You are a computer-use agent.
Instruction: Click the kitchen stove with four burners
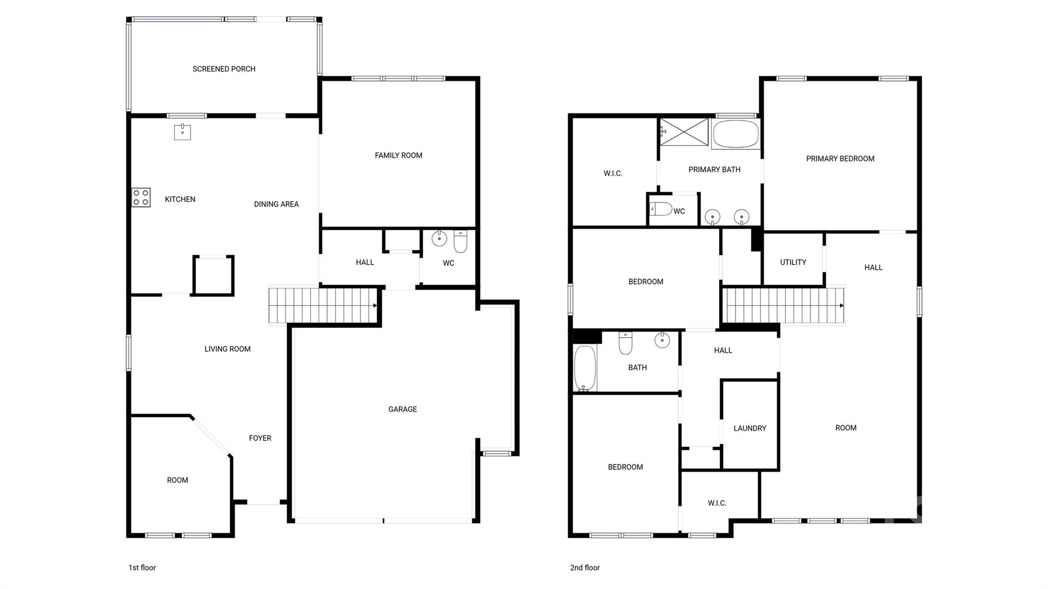tap(141, 198)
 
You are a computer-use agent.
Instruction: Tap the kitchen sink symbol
tap(182, 132)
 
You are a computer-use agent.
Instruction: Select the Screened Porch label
tap(224, 69)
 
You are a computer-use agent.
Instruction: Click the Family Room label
tap(398, 156)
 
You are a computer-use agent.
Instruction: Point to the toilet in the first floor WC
tap(461, 242)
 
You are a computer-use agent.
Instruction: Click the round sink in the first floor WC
tap(439, 238)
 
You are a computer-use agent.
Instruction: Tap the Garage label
tap(402, 409)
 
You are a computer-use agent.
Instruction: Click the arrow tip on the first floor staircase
tap(375, 306)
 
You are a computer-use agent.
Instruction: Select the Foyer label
tap(260, 438)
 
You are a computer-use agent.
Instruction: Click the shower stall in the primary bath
tap(684, 132)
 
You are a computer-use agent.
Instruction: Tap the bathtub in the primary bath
tap(735, 134)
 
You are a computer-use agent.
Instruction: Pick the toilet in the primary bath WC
tap(661, 209)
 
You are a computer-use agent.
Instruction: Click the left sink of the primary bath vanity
tap(712, 217)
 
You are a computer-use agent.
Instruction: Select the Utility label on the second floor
tap(793, 263)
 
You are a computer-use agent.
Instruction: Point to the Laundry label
tap(750, 428)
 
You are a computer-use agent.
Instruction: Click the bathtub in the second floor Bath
tap(585, 368)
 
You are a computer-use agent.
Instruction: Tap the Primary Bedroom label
tap(840, 159)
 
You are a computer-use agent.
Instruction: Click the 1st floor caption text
tap(142, 568)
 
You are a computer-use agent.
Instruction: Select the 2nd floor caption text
tap(585, 568)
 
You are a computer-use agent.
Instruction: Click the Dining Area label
tap(276, 204)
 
